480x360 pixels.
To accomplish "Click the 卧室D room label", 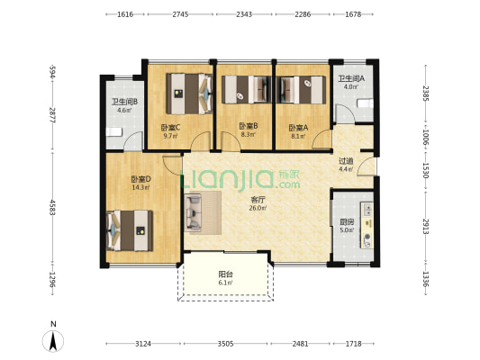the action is click(140, 179).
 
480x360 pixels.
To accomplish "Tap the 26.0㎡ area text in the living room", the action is click(258, 208).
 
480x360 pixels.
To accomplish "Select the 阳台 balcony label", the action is click(225, 274).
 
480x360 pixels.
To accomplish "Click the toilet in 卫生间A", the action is click(366, 103).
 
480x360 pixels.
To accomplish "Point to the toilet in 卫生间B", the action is click(113, 132).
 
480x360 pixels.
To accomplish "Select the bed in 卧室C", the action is click(189, 94).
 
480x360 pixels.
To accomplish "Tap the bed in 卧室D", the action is click(130, 230).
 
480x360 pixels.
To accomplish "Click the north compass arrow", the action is click(53, 341).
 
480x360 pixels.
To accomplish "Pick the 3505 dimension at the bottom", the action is click(226, 344).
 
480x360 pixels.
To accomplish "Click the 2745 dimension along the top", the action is click(180, 14).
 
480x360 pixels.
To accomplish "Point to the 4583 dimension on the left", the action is click(52, 208).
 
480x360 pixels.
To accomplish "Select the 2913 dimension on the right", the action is click(426, 226).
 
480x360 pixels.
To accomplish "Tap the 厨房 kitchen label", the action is click(347, 221).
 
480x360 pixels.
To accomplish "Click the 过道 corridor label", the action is click(346, 161).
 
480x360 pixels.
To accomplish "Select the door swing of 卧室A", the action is click(322, 139).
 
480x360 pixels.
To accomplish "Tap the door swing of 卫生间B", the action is click(133, 141).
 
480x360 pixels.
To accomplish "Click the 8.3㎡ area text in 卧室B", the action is click(248, 134).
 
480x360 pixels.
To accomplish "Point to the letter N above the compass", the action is click(53, 324).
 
